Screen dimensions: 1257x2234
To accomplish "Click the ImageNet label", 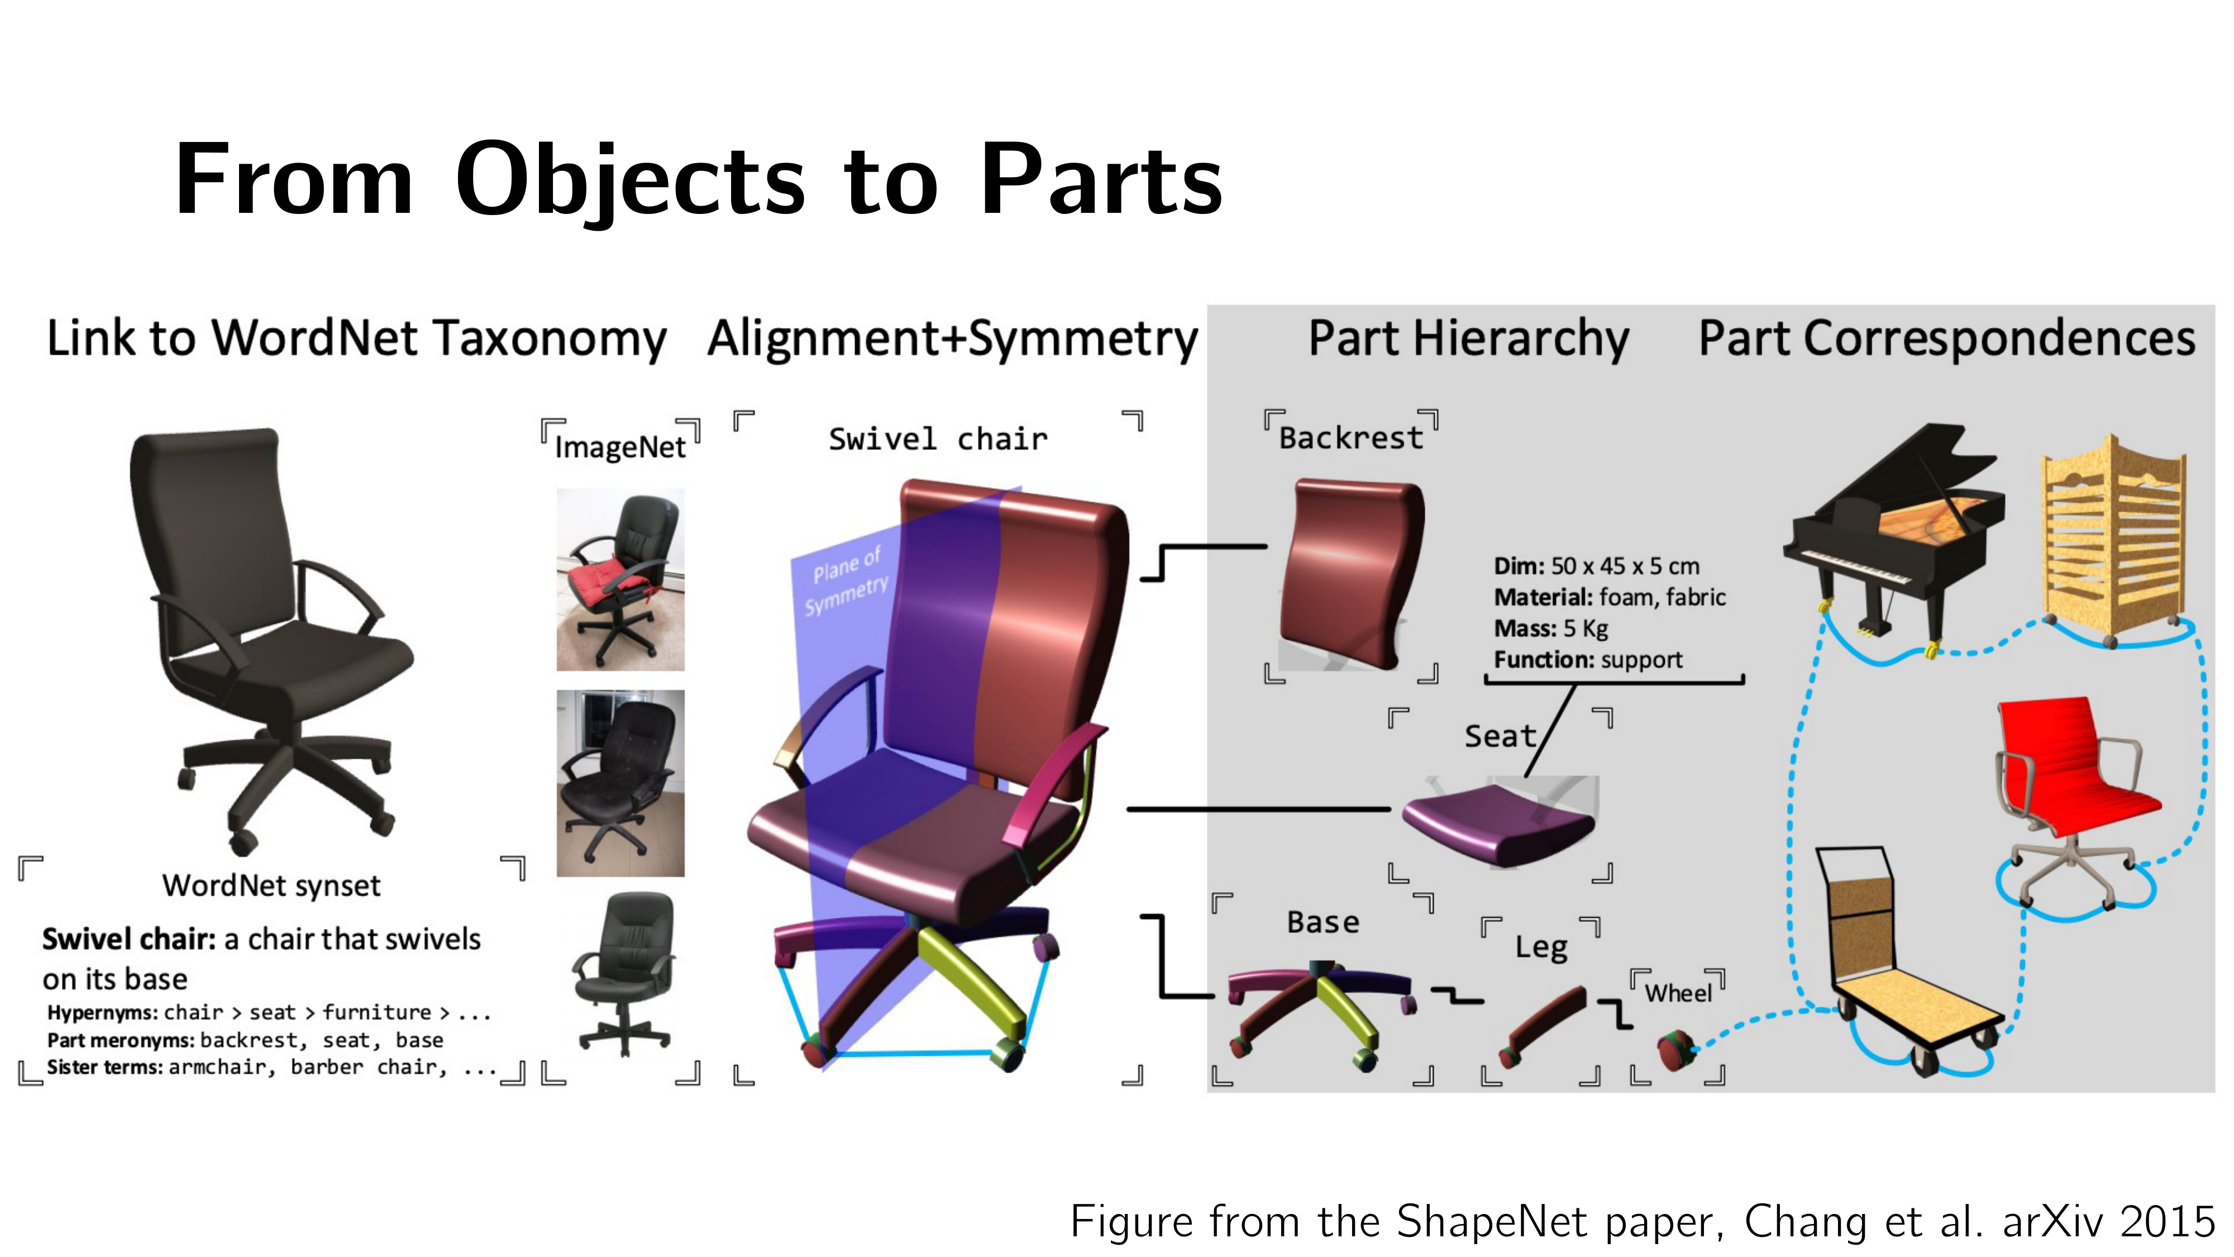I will [x=620, y=447].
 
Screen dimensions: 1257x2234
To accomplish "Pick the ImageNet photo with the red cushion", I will [x=620, y=579].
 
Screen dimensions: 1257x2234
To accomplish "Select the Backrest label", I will [x=1350, y=438].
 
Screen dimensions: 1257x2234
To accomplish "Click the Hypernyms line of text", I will [x=269, y=1012].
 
